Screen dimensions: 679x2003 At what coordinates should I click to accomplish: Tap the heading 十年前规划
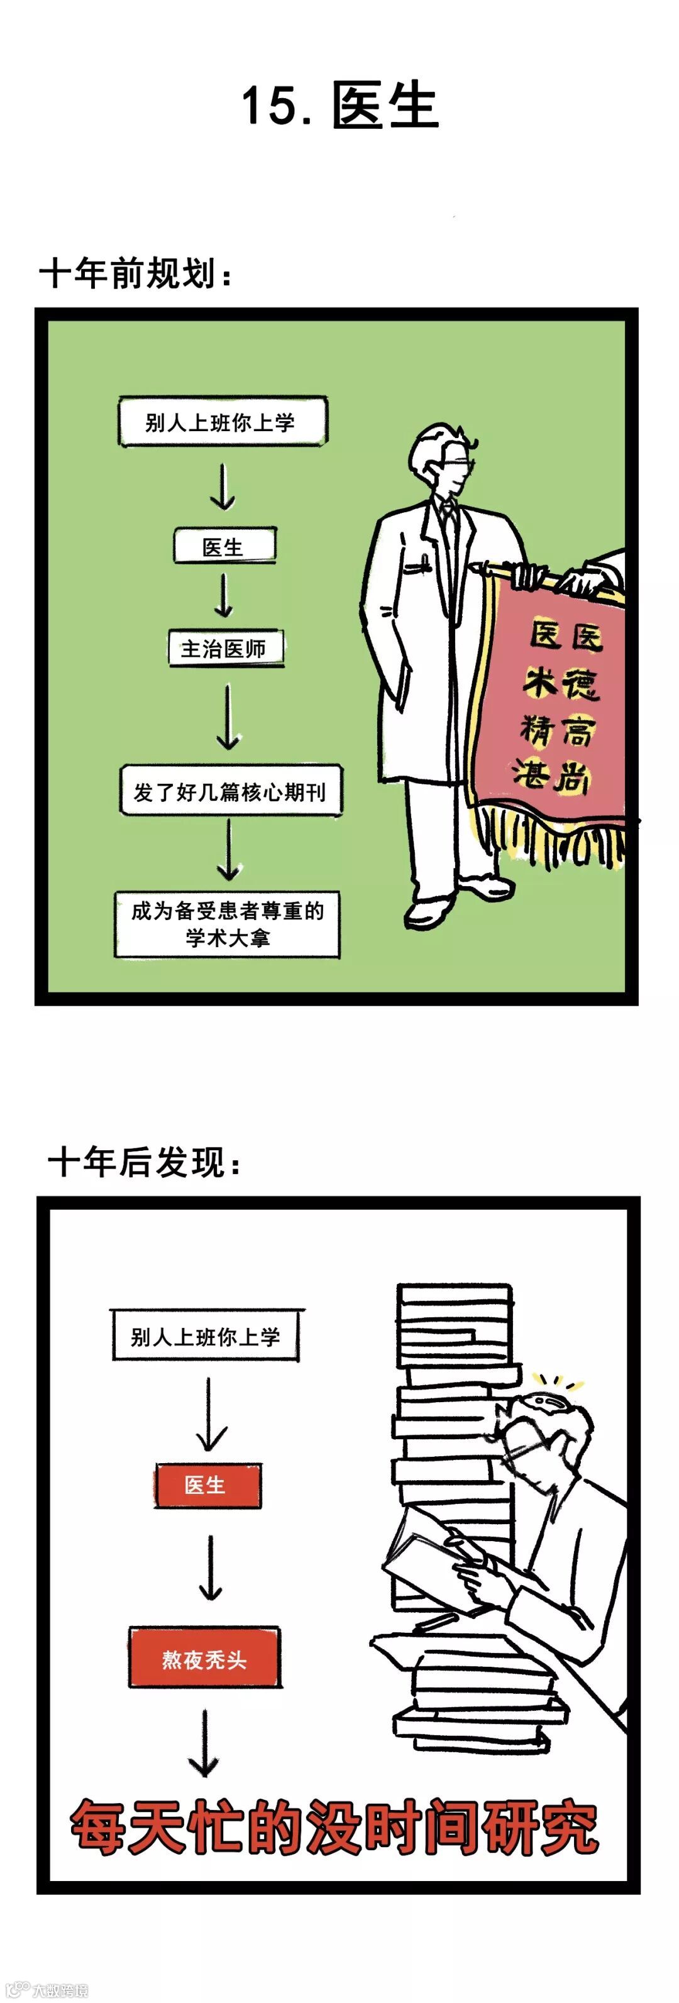(135, 273)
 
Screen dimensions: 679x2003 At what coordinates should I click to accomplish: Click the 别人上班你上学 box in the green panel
(222, 422)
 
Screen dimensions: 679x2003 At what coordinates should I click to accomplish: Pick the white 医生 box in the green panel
(224, 547)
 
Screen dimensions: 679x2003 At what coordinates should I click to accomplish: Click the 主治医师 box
(225, 649)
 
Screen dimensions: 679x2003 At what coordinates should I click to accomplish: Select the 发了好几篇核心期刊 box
(230, 791)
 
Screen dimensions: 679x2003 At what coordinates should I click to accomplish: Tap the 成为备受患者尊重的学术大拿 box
(227, 925)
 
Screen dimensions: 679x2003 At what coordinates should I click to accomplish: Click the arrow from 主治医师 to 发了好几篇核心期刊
(227, 716)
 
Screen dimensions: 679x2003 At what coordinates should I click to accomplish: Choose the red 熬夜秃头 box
(204, 1659)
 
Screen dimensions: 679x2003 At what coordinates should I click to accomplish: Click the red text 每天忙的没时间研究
(334, 1827)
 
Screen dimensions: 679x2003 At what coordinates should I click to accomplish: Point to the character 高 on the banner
(578, 731)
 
